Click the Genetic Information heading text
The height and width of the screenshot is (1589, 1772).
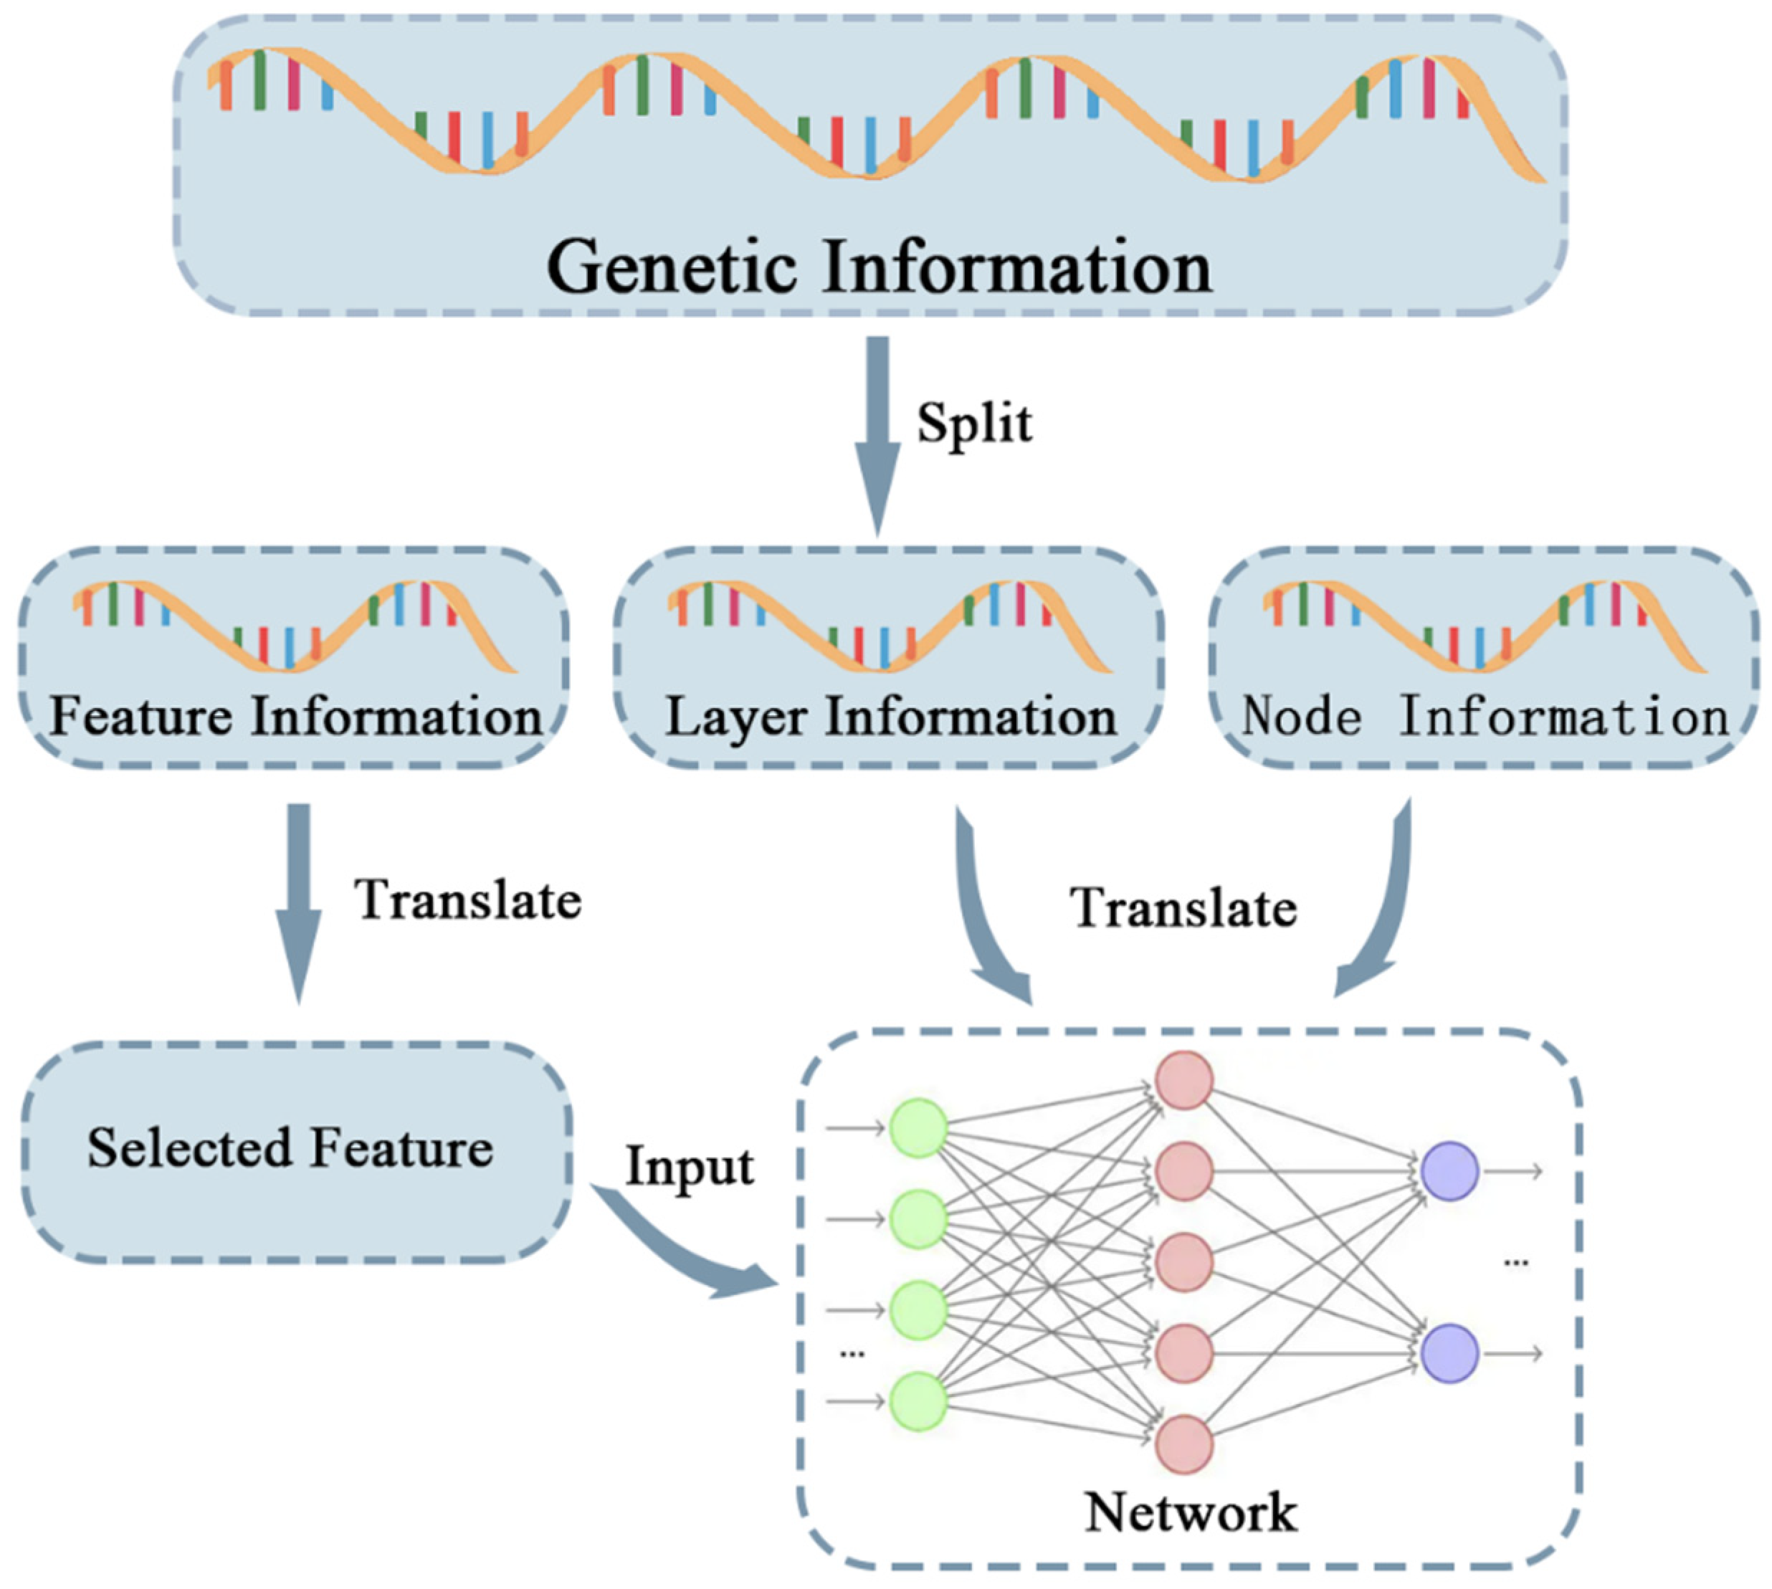(879, 267)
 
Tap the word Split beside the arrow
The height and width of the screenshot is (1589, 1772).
(973, 424)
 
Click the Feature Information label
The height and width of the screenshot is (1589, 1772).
(295, 717)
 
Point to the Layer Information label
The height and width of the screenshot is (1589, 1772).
(891, 717)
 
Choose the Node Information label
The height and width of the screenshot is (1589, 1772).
(1484, 717)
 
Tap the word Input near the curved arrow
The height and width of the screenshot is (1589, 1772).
(689, 1166)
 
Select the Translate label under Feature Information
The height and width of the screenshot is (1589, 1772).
(467, 900)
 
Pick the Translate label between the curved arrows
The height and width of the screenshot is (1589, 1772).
(1183, 908)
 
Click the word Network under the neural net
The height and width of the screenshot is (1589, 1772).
(1191, 1512)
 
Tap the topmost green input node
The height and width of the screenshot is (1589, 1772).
(918, 1128)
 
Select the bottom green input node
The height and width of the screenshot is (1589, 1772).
(918, 1401)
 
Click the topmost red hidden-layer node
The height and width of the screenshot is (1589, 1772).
(1184, 1081)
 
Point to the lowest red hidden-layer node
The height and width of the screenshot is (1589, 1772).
(1184, 1445)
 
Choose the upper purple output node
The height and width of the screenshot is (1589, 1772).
(1449, 1172)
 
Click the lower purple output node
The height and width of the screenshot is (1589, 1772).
(1449, 1353)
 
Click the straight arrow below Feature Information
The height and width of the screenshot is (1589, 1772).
(299, 900)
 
